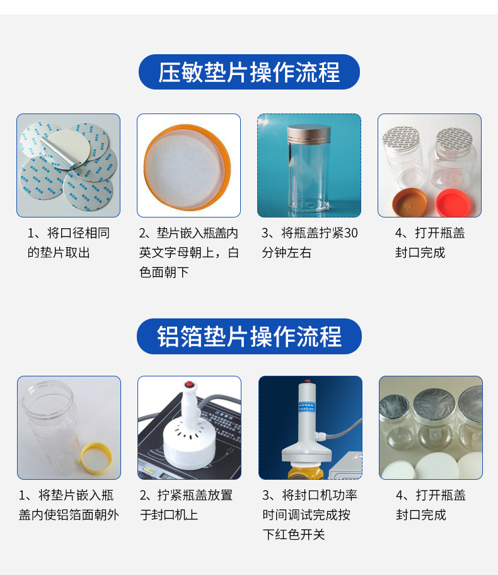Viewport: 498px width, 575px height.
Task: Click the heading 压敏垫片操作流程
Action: click(249, 72)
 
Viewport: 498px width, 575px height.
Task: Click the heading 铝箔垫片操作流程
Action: click(249, 336)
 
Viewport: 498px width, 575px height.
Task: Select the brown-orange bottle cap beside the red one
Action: click(410, 201)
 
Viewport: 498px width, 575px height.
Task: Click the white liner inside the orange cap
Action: click(188, 164)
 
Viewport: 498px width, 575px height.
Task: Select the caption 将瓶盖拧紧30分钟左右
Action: click(310, 243)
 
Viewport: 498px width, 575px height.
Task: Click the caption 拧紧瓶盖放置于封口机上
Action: click(188, 505)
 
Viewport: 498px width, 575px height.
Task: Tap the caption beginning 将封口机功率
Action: click(310, 514)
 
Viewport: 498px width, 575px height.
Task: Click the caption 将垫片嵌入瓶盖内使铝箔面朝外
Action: click(68, 505)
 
